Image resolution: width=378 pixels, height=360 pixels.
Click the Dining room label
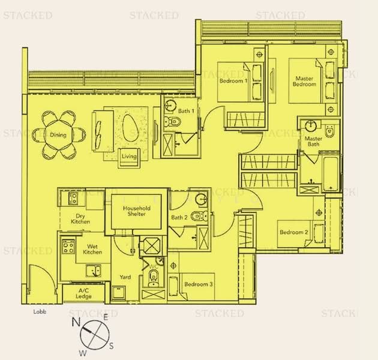58,135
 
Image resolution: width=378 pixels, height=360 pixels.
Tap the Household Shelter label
136,211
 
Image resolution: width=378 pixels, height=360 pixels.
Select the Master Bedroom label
304,81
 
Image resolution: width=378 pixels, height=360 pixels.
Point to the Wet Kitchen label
92,249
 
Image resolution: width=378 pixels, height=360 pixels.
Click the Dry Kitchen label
80,219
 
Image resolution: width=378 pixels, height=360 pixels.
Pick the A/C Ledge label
83,293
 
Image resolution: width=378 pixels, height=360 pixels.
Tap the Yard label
125,277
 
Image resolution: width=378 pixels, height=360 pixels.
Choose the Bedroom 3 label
199,284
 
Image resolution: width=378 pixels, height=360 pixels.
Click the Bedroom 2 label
294,232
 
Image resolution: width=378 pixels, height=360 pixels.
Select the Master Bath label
313,141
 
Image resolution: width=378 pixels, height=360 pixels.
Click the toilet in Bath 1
172,121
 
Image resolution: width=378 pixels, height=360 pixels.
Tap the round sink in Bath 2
201,199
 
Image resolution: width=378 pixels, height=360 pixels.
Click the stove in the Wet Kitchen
68,247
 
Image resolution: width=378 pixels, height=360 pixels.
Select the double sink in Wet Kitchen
94,271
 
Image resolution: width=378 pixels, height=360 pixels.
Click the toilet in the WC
154,278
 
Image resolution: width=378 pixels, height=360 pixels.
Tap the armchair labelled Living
129,157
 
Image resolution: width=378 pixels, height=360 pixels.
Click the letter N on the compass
76,322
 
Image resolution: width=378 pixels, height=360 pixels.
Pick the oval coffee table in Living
130,128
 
